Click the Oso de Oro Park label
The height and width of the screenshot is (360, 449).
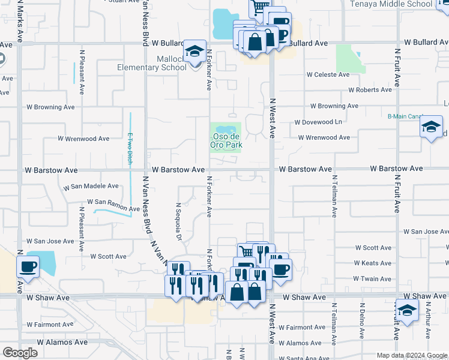225,140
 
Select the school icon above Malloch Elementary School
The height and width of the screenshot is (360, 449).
194,53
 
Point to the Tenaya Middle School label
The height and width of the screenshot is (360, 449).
391,4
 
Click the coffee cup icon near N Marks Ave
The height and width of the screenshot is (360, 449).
28,266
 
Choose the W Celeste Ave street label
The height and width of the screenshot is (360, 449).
328,75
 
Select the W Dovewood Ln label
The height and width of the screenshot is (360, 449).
318,122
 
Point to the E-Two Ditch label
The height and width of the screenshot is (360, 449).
130,148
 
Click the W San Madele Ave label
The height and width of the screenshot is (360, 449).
91,187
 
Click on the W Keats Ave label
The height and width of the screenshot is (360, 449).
373,263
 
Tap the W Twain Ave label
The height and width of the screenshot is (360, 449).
373,279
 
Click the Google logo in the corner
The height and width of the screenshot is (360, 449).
20,353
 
